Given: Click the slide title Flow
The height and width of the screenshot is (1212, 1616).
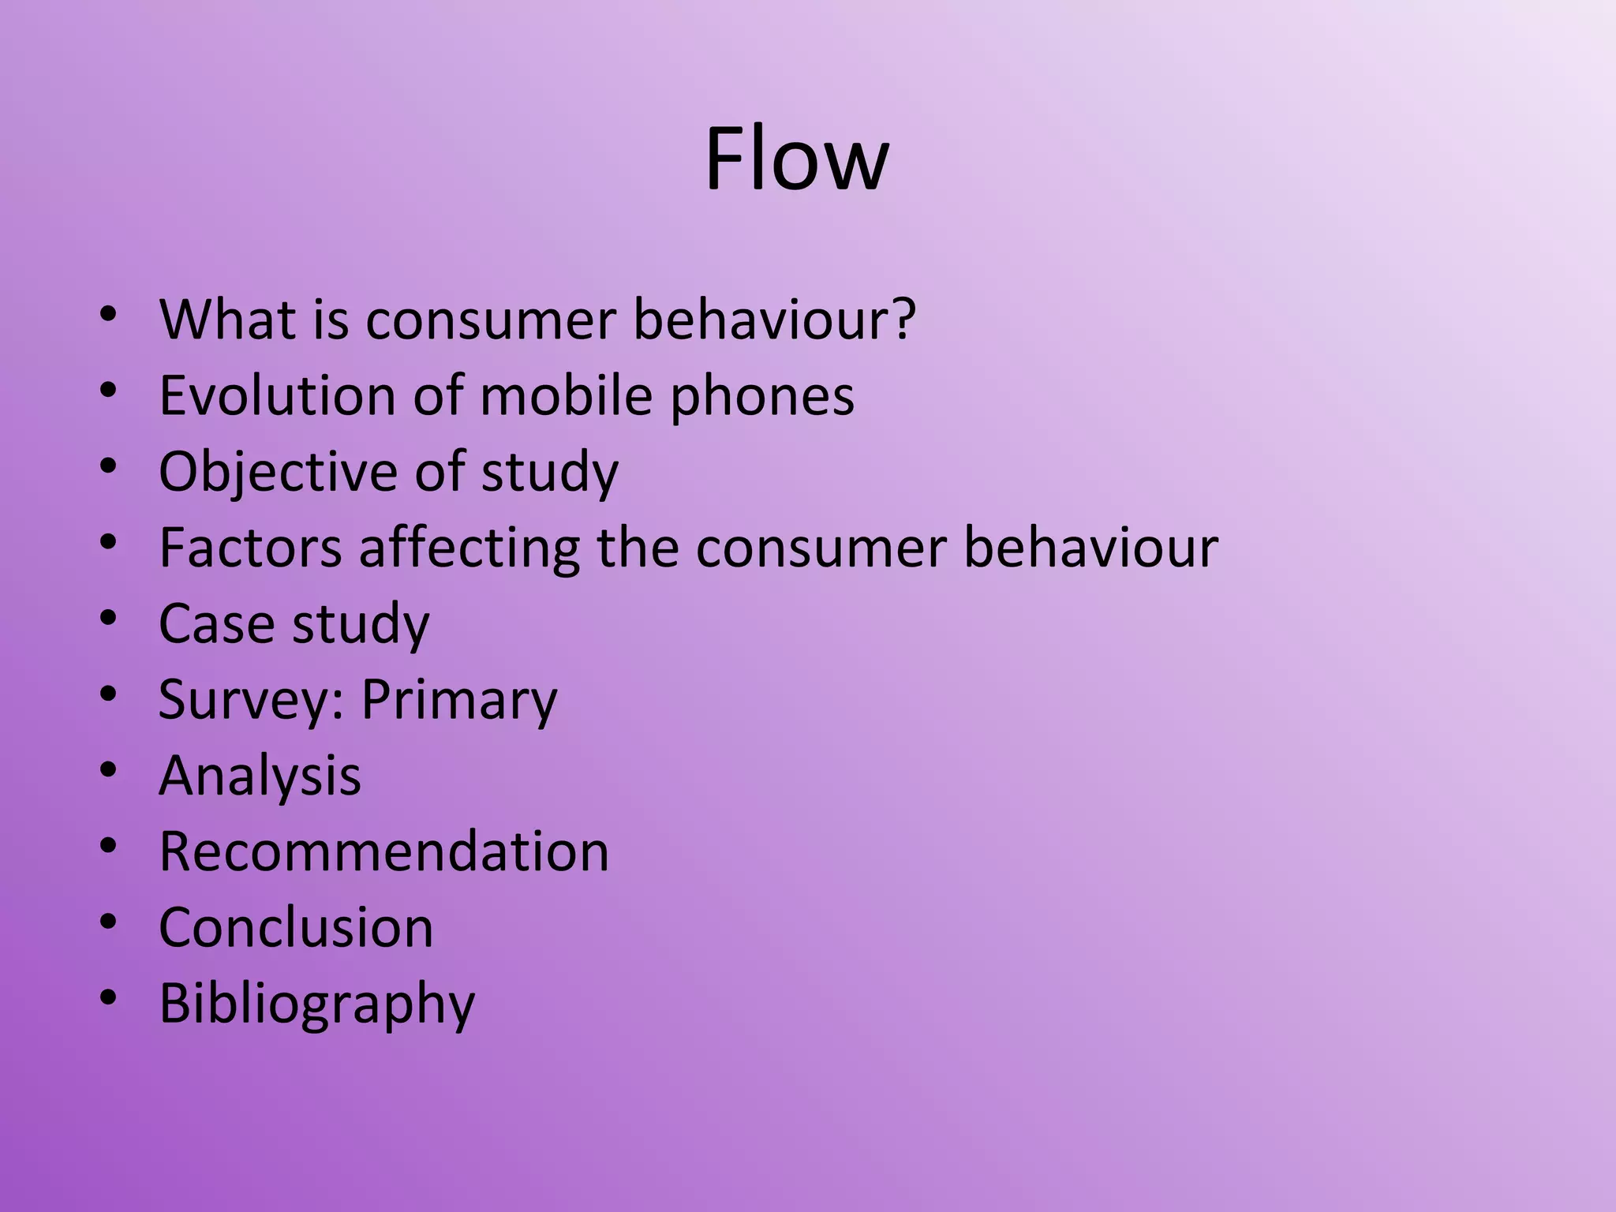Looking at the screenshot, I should point(797,159).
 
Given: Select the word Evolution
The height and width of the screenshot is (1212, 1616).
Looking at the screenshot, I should point(276,395).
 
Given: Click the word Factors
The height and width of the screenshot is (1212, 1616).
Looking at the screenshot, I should point(250,548).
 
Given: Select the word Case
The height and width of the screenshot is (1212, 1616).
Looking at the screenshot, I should point(216,623).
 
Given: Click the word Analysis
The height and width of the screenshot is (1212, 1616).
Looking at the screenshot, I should point(260,776).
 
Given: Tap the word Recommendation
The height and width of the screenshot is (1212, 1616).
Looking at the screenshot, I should point(383,851).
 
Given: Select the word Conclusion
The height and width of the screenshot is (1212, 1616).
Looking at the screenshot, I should point(296,927).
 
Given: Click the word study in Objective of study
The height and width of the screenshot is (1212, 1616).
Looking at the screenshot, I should point(549,472).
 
